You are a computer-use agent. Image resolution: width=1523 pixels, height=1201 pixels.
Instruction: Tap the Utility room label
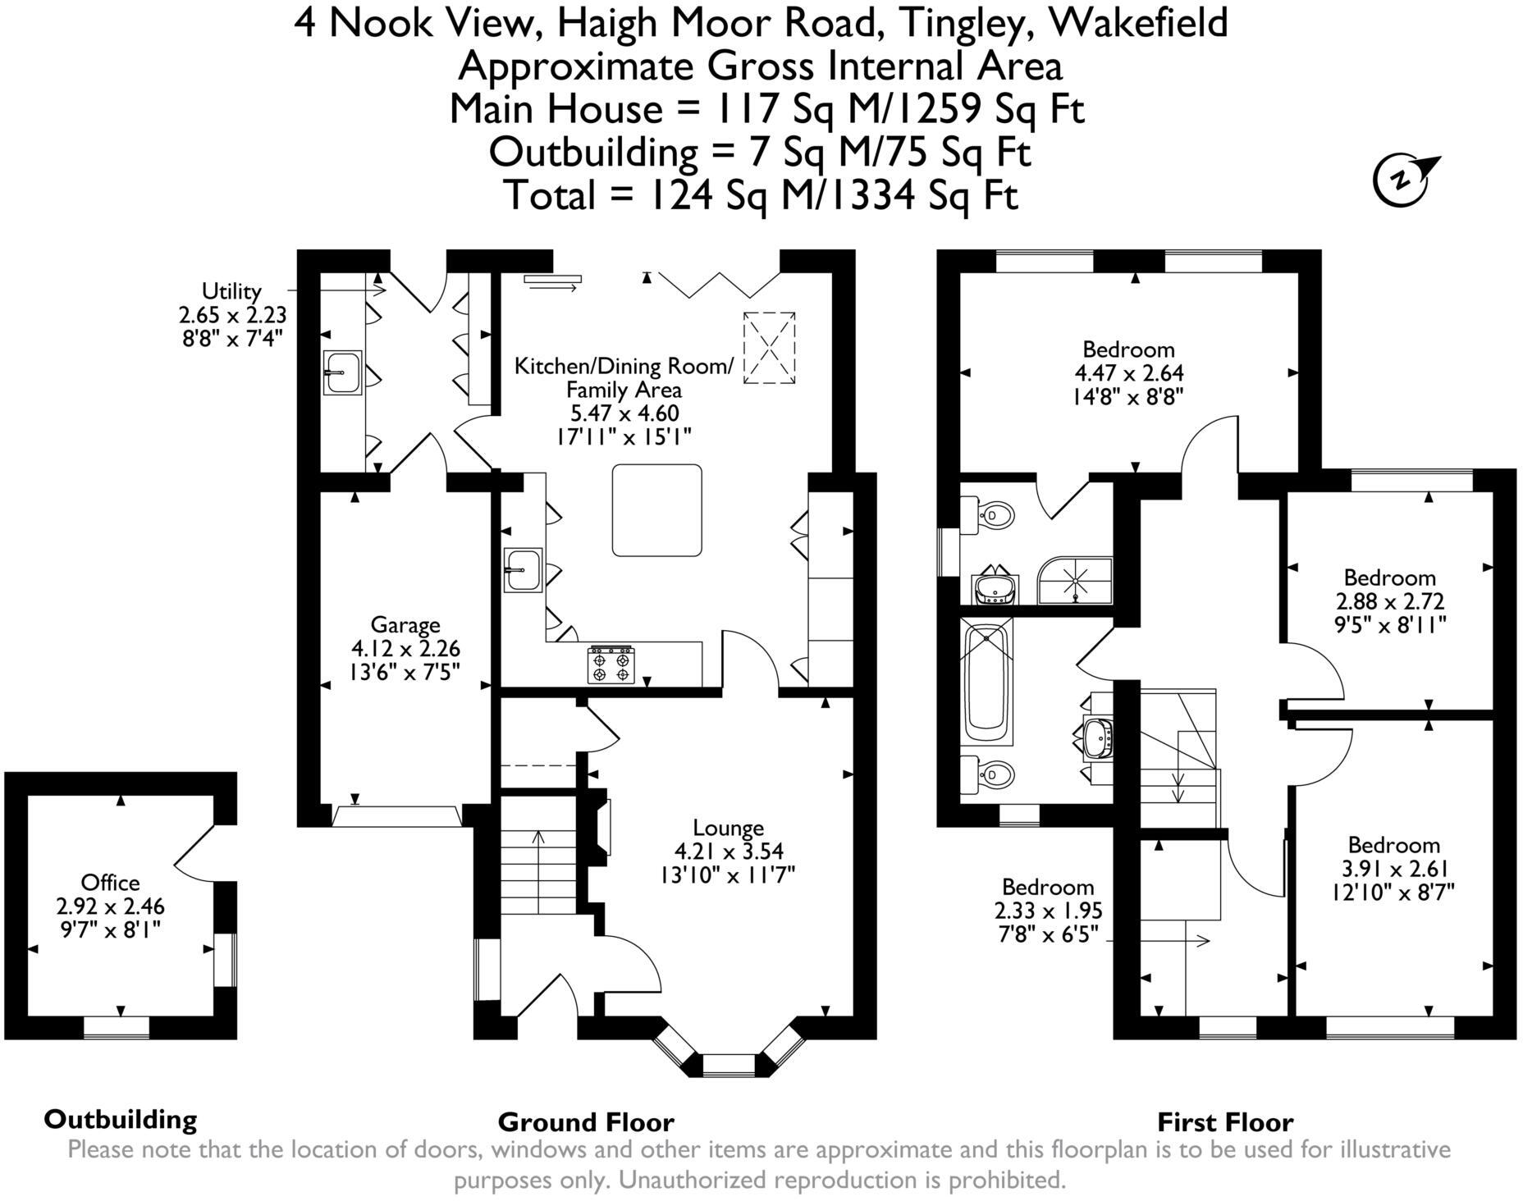(231, 290)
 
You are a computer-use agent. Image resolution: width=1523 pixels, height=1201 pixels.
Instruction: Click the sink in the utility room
(341, 372)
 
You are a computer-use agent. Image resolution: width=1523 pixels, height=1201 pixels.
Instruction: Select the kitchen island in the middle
(656, 509)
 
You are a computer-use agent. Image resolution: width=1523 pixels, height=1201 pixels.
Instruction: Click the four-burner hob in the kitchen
(611, 664)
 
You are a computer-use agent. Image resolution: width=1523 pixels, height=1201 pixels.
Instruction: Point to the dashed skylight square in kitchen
(769, 348)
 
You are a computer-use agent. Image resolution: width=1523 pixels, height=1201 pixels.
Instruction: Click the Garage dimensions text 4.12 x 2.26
(405, 649)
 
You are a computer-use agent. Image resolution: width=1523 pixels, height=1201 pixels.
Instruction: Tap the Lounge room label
(728, 828)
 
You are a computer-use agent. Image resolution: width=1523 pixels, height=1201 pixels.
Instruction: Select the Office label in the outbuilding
(110, 883)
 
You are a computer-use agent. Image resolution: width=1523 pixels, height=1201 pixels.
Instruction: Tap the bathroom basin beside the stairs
(1097, 737)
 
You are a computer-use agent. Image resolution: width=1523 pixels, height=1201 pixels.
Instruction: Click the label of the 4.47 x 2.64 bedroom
(1128, 349)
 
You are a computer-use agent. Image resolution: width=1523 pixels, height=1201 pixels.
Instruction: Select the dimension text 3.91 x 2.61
(1393, 869)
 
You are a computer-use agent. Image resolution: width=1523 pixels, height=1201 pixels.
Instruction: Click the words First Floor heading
(1224, 1122)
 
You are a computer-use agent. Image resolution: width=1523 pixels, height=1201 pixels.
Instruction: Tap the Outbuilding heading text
(121, 1120)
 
